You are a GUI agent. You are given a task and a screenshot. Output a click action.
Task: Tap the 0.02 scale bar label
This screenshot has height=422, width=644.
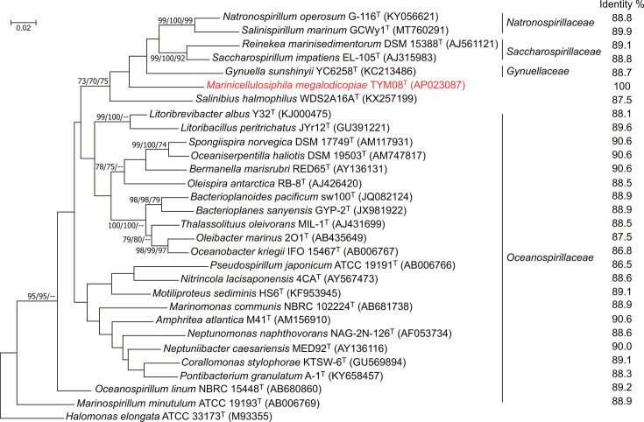(x=24, y=28)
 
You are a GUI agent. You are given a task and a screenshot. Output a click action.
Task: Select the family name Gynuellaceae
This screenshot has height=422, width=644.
(x=538, y=72)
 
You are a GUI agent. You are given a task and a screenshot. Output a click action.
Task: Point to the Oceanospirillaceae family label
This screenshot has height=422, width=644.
(x=550, y=257)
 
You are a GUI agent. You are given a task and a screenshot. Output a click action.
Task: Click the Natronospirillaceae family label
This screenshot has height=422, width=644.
(x=550, y=22)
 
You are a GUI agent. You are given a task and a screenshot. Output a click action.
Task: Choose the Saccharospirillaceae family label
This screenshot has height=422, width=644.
(x=554, y=52)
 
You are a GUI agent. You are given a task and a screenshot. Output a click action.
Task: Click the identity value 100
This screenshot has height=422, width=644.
(x=622, y=86)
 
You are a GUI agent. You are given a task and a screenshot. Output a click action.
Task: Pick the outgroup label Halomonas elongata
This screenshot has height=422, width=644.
(x=112, y=417)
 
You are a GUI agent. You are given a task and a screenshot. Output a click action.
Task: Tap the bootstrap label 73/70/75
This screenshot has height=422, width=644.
(x=93, y=81)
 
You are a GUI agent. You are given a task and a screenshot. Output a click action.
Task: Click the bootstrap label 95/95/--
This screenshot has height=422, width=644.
(x=41, y=296)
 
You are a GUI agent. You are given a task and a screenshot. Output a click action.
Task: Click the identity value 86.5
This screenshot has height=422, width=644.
(x=622, y=264)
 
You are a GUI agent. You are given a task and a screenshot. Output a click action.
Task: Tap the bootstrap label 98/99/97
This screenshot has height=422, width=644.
(x=152, y=250)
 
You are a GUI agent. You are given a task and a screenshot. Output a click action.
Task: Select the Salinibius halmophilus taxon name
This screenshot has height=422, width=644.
(x=246, y=99)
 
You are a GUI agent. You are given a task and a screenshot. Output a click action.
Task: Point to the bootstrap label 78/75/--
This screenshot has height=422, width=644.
(x=110, y=167)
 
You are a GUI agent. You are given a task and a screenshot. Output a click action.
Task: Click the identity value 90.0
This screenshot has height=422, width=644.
(x=622, y=347)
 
